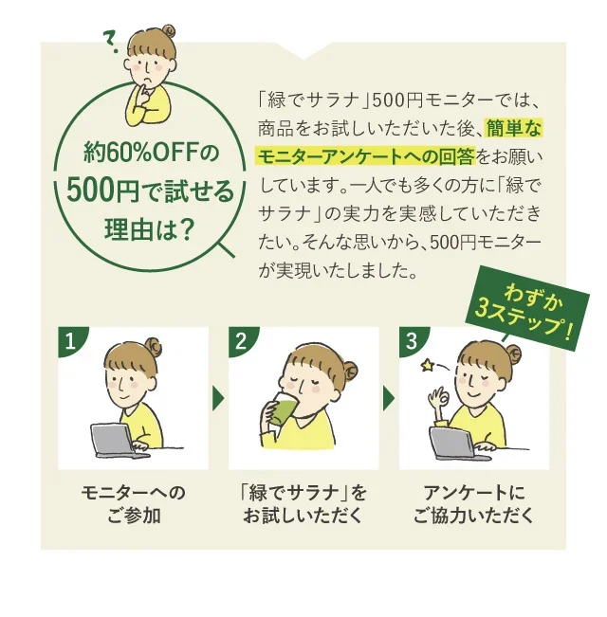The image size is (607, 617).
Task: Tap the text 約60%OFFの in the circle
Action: click(x=151, y=152)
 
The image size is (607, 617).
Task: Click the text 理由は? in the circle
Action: click(x=151, y=230)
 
